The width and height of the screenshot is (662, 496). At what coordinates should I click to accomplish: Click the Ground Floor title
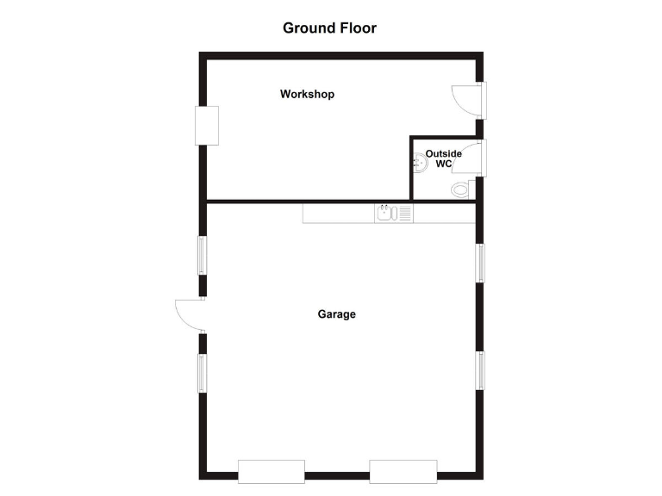point(329,28)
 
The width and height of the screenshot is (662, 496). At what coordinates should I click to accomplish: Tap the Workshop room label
point(307,94)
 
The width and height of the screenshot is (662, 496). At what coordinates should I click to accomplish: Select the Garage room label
point(336,314)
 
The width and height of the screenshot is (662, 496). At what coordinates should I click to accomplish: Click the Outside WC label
point(443,158)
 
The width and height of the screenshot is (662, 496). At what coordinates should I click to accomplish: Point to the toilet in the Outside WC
point(461,188)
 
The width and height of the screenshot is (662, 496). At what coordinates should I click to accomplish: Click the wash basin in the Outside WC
point(420,161)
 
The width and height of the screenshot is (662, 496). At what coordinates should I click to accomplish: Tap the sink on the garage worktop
point(385,212)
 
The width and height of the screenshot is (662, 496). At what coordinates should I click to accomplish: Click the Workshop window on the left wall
point(207,126)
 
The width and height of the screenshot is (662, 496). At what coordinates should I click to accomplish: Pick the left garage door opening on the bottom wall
point(271,471)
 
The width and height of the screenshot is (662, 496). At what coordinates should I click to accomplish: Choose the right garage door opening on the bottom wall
point(403,471)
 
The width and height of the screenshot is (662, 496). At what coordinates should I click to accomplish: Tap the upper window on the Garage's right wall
point(480,262)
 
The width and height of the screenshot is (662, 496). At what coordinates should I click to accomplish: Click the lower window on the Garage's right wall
point(480,370)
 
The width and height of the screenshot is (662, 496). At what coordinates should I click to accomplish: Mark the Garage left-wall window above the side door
point(203,255)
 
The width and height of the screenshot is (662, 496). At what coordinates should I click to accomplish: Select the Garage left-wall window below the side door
point(203,373)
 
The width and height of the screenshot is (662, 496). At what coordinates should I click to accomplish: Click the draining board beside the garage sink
point(404,212)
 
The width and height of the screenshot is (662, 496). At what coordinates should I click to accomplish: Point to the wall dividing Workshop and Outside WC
point(409,169)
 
